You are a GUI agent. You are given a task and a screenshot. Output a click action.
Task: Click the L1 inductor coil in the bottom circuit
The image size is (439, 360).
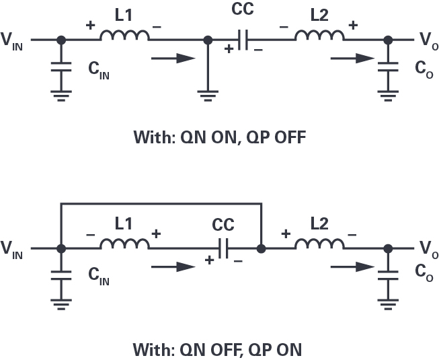[124, 244]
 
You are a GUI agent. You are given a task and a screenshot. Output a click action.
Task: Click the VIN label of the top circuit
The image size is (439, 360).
[15, 42]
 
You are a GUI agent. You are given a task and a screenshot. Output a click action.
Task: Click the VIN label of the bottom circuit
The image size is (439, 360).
[15, 250]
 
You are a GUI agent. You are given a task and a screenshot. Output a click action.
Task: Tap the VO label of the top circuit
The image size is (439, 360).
[426, 42]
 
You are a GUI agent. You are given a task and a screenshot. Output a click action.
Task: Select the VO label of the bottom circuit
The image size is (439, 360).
[426, 250]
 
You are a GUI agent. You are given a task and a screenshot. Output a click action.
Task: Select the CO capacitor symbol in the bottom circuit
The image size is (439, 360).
[387, 277]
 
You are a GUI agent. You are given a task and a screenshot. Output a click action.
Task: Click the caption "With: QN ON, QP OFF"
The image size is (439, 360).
[219, 140]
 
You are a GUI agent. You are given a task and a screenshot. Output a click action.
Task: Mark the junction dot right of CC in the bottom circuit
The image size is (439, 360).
[261, 248]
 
